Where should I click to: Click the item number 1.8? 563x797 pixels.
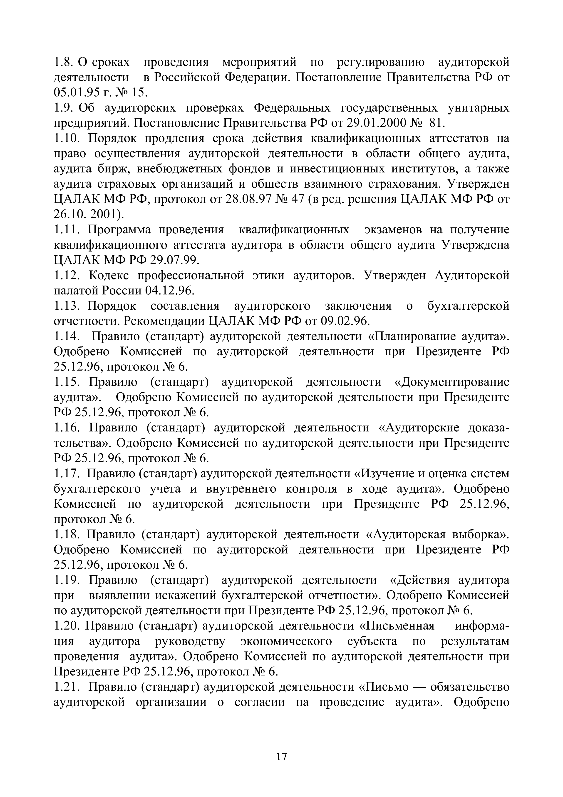click(x=64, y=62)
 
